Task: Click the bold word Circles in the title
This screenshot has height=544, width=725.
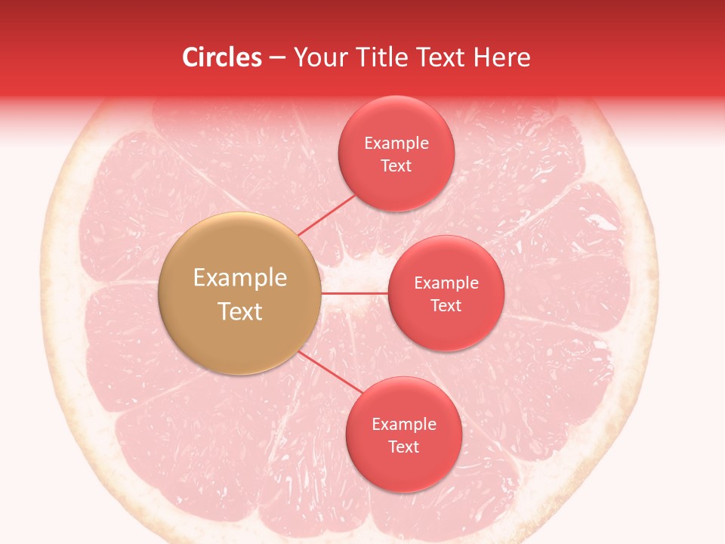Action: pyautogui.click(x=222, y=57)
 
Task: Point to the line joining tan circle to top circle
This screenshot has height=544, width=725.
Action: pyautogui.click(x=326, y=215)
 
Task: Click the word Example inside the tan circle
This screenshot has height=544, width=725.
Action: pyautogui.click(x=239, y=278)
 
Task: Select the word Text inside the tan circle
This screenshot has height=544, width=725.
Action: pyautogui.click(x=239, y=311)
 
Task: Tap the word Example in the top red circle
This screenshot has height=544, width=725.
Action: pyautogui.click(x=396, y=144)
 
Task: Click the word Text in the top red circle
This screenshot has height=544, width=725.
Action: pyautogui.click(x=396, y=166)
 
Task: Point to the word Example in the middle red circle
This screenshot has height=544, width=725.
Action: pyautogui.click(x=446, y=283)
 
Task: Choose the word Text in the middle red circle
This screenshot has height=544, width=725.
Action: pyautogui.click(x=446, y=306)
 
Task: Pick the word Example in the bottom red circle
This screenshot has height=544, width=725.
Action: pyautogui.click(x=403, y=425)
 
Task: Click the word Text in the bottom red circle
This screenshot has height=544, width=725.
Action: pyautogui.click(x=403, y=447)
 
